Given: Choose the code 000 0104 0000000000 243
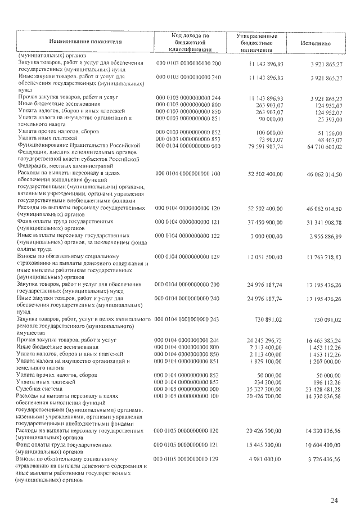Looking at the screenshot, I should click(x=188, y=319).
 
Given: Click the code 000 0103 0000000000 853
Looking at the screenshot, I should click(x=188, y=138).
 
